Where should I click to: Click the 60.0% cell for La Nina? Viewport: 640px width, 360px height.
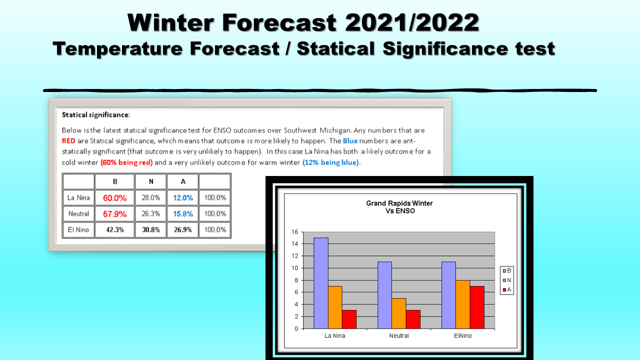coord(114,197)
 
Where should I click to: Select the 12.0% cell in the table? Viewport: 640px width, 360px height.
coord(183,197)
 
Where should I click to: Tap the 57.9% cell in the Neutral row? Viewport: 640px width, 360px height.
coord(114,213)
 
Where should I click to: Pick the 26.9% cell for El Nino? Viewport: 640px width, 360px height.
coord(183,229)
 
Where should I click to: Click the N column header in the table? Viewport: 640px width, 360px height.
coord(151,181)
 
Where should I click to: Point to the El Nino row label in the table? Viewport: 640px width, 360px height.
coord(78,229)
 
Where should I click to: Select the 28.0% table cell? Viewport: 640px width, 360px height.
coord(151,197)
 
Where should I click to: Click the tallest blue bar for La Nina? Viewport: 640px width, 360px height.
coord(321,283)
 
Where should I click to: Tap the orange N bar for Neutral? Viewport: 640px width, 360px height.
coord(399,313)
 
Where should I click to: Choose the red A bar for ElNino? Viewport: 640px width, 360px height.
coord(477,307)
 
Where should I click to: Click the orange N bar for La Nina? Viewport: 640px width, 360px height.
coord(335,307)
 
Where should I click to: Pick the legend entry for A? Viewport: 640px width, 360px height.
coord(507,289)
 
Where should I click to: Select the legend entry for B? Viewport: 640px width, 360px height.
coord(507,270)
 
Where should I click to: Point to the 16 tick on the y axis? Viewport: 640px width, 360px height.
coord(294,232)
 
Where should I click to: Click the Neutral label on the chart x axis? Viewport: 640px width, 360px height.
coord(399,335)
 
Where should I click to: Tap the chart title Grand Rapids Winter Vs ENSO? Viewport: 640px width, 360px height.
coord(399,207)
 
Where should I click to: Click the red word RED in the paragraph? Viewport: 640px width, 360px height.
coord(68,141)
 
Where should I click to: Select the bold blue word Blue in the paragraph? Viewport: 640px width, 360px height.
coord(350,141)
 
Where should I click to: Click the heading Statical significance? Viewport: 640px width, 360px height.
coord(95,115)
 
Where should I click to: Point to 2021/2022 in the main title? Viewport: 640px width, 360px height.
coord(412,22)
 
